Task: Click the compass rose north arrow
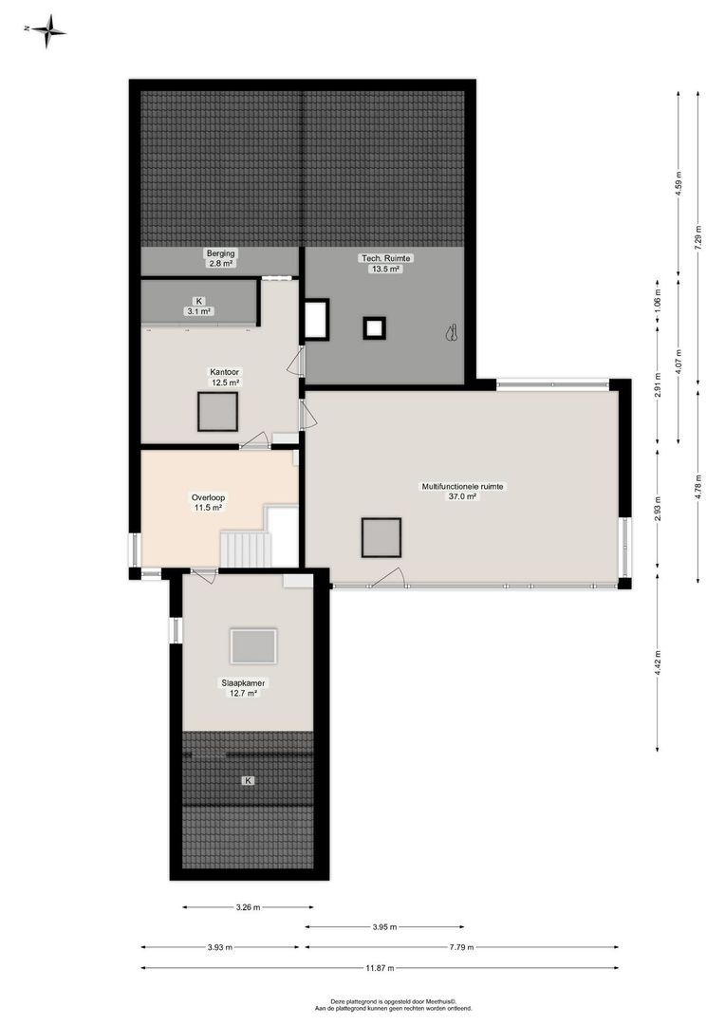click(x=47, y=30)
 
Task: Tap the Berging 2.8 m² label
click(x=220, y=258)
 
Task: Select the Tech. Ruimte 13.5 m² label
click(x=385, y=263)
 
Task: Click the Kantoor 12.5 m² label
click(x=224, y=377)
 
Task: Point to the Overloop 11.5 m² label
click(x=208, y=501)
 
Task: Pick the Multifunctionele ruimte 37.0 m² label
click(x=463, y=491)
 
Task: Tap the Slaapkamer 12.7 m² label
click(x=244, y=687)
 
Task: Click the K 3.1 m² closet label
click(x=198, y=306)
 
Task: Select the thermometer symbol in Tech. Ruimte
click(x=453, y=332)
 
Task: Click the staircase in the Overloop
click(x=246, y=550)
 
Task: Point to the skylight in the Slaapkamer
click(x=253, y=646)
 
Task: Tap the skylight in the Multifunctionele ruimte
click(x=381, y=537)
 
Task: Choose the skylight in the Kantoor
click(x=218, y=411)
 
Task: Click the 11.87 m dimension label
click(x=380, y=968)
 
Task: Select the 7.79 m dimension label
click(x=462, y=947)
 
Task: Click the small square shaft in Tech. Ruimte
click(x=375, y=328)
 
